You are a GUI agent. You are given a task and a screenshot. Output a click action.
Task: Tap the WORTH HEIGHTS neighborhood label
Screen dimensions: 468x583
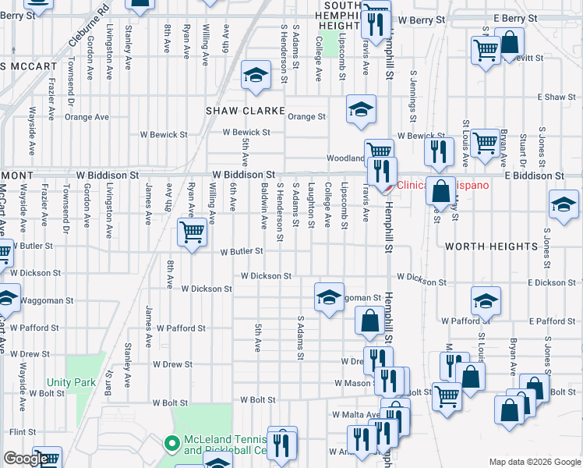491,246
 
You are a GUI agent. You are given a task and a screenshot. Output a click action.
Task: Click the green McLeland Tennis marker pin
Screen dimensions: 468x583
171,445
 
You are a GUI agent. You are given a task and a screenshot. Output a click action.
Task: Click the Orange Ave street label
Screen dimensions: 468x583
87,118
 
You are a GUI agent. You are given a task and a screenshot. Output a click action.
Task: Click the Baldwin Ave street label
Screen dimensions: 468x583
265,205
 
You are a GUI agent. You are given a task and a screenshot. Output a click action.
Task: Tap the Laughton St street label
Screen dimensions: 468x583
311,205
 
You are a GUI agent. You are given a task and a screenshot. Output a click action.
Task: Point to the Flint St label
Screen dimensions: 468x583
23,431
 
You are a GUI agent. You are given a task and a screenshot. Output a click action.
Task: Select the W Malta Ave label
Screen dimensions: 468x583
355,414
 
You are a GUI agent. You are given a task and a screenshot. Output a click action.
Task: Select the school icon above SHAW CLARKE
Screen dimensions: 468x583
254,75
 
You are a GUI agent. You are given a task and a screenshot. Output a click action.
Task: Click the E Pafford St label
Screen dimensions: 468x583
551,321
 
